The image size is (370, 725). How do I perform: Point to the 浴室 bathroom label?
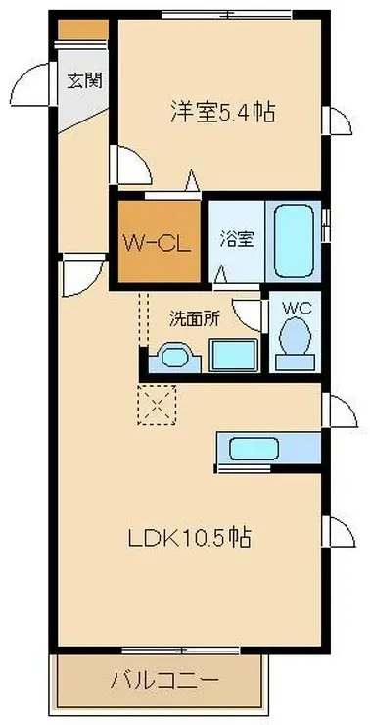235,238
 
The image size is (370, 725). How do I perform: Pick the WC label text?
295,307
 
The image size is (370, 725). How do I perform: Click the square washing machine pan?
233,356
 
